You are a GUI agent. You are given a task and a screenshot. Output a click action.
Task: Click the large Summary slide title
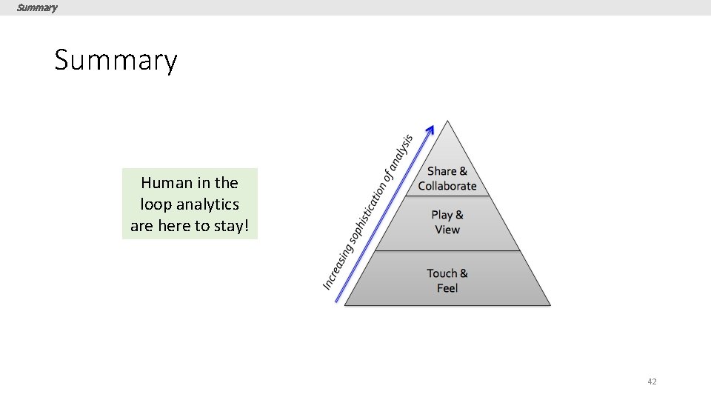[116, 60]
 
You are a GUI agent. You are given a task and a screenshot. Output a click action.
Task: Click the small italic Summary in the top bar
[37, 7]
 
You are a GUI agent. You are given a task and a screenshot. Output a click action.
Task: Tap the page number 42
[652, 381]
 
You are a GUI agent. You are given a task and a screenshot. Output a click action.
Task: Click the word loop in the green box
[154, 204]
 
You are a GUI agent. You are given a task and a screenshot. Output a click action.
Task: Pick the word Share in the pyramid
[441, 171]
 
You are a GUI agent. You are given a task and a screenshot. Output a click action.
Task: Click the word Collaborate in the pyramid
[447, 186]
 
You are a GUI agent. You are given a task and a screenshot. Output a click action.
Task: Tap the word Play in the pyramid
[441, 215]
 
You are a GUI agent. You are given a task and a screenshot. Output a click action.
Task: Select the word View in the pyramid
[447, 230]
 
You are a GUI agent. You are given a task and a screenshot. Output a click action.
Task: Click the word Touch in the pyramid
[441, 273]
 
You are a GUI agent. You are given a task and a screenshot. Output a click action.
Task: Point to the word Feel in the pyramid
[447, 288]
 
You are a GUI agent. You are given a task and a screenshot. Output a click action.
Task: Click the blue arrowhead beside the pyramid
[430, 130]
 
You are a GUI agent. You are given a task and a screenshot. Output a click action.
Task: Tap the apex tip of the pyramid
[447, 121]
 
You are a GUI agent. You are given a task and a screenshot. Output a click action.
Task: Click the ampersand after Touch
[464, 273]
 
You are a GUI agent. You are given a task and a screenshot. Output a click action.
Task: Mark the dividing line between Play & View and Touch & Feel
[447, 251]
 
